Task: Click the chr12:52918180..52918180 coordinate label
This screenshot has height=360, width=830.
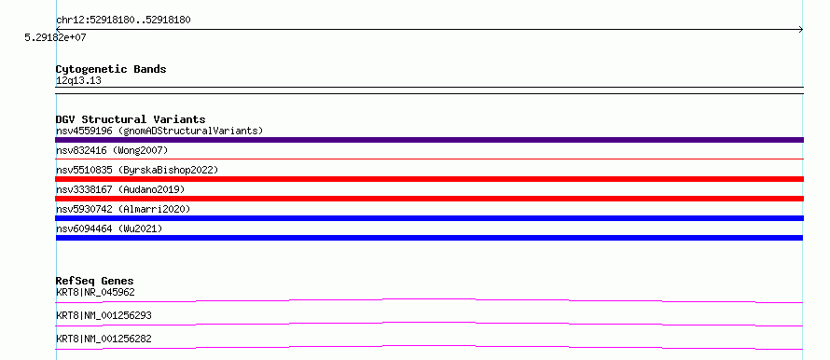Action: tap(123, 21)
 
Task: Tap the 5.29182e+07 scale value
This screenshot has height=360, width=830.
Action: tap(56, 37)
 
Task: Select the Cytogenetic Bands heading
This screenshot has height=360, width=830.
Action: tap(111, 69)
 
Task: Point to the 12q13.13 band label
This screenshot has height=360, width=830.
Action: tap(78, 81)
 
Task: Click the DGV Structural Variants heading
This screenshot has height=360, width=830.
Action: tap(131, 119)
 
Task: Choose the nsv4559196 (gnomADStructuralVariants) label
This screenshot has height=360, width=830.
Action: tap(159, 131)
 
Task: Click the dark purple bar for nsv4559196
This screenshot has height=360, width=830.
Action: tap(429, 140)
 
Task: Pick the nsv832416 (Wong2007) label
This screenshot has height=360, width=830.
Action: tap(112, 151)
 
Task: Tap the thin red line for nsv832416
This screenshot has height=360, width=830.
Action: tap(429, 159)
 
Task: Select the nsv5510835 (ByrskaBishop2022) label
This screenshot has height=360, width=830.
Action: tap(137, 170)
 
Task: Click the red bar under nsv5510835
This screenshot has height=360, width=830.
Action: tap(429, 179)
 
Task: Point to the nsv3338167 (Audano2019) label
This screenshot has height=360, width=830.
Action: tap(120, 189)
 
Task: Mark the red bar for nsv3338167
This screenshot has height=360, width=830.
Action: tap(429, 199)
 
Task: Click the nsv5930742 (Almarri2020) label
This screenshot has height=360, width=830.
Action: tap(123, 209)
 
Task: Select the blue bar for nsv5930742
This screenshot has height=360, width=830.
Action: tap(429, 218)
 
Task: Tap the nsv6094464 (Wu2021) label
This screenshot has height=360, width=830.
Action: tap(109, 228)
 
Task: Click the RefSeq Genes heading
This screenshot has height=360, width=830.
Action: tap(95, 281)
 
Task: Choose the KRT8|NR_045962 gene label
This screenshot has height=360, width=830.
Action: tap(91, 292)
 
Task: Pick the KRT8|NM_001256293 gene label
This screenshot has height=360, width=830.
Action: tap(104, 315)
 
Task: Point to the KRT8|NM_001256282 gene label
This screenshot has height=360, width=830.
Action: tap(104, 339)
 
